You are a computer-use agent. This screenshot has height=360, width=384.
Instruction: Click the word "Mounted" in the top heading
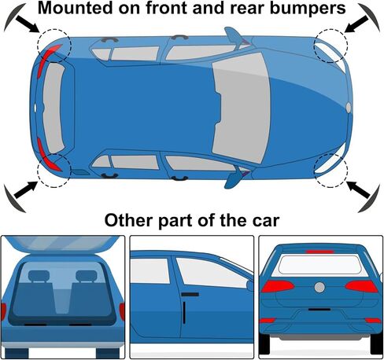[76, 8]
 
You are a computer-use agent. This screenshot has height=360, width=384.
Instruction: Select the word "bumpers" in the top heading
[308, 9]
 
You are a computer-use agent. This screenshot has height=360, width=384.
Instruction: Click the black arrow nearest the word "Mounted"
[28, 24]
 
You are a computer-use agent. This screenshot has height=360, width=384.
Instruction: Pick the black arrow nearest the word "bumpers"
[356, 24]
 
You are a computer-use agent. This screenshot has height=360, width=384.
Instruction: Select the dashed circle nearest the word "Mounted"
[54, 46]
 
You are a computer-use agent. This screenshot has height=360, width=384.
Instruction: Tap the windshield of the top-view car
[242, 108]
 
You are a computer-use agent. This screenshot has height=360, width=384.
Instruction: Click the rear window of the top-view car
[53, 108]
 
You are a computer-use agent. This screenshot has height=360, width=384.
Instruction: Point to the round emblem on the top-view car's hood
[349, 108]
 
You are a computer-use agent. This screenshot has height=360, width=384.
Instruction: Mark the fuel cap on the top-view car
[80, 172]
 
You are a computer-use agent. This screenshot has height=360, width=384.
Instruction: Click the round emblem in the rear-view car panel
[319, 288]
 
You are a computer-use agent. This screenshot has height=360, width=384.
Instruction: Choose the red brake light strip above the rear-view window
[320, 252]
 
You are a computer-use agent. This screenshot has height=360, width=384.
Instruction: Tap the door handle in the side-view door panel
[190, 295]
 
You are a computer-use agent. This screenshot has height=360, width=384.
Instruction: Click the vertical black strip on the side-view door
[184, 312]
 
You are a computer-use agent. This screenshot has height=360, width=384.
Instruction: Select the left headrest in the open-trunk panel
[39, 276]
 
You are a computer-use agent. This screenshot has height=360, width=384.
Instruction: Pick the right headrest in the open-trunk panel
[87, 276]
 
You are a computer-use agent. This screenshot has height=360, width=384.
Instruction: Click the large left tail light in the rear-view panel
[278, 286]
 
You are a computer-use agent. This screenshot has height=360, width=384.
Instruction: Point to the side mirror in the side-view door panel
[250, 285]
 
